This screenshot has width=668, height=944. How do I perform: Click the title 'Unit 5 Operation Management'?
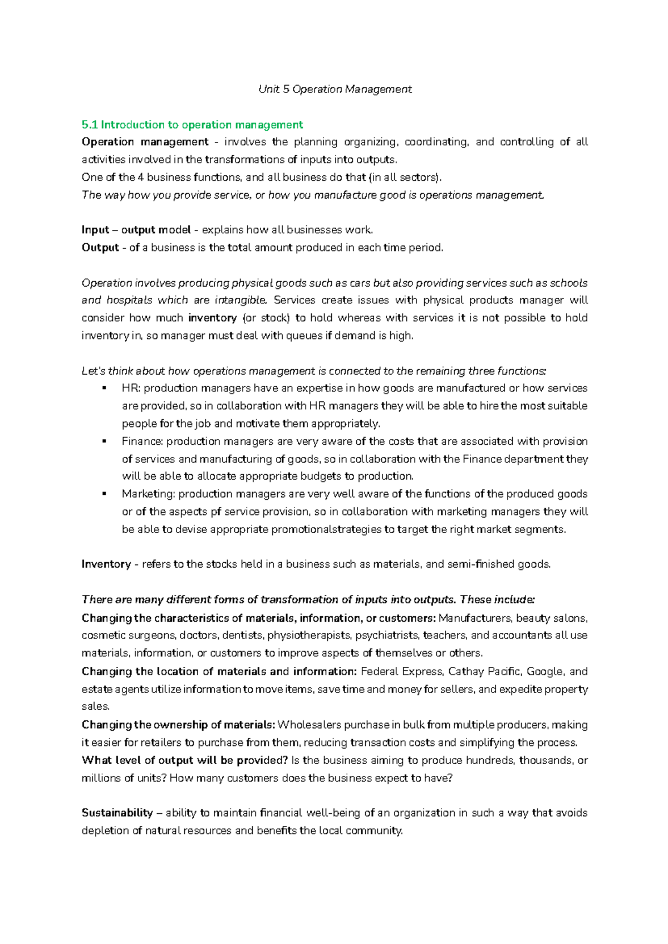pyautogui.click(x=335, y=89)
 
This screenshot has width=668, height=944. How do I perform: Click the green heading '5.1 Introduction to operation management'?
pyautogui.click(x=192, y=125)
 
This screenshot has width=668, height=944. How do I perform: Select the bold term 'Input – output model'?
pyautogui.click(x=136, y=230)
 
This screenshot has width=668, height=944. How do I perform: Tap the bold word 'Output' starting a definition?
pyautogui.click(x=100, y=248)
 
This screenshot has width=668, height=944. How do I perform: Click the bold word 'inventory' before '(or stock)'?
pyautogui.click(x=213, y=318)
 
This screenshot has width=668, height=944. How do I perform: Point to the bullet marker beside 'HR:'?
pyautogui.click(x=104, y=389)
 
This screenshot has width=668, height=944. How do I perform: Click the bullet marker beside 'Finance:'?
pyautogui.click(x=104, y=441)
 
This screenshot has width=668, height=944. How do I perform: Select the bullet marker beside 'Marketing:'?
pyautogui.click(x=104, y=494)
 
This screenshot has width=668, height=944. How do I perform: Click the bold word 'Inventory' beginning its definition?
pyautogui.click(x=106, y=564)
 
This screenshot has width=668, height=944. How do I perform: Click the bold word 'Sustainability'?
pyautogui.click(x=117, y=813)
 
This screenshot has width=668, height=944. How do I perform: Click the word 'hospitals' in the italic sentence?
pyautogui.click(x=129, y=300)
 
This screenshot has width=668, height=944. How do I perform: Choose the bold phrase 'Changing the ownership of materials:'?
pyautogui.click(x=178, y=725)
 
